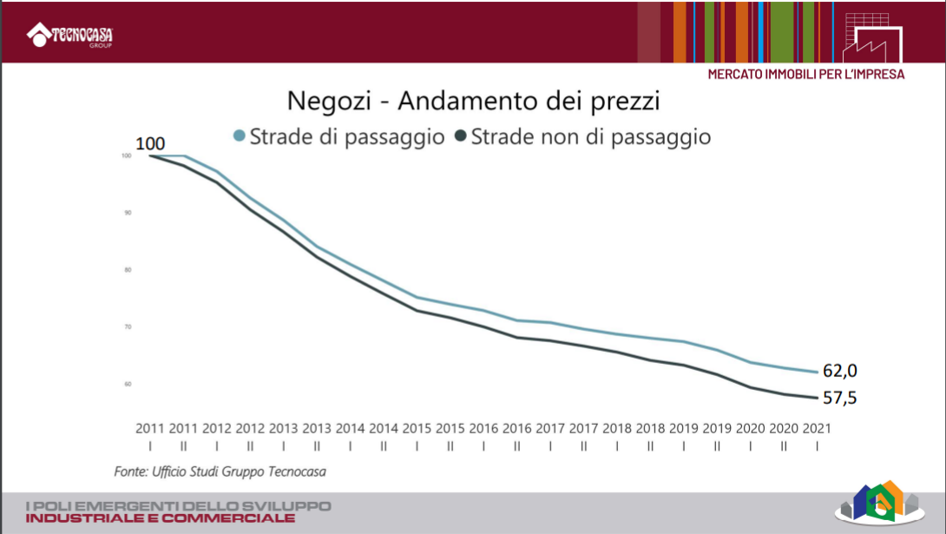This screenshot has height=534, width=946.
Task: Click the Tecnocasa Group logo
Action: tap(70, 36)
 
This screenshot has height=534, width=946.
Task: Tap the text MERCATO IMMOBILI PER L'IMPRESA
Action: tap(805, 75)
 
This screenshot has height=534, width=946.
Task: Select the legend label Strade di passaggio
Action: tap(347, 136)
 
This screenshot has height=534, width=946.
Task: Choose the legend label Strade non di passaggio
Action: tap(590, 136)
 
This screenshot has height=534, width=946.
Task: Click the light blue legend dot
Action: tap(240, 136)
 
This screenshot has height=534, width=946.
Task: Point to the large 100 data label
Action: tap(150, 143)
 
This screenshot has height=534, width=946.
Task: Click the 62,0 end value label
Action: tap(840, 371)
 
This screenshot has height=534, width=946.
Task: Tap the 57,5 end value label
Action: tap(840, 398)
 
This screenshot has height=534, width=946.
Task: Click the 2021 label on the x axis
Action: tap(817, 428)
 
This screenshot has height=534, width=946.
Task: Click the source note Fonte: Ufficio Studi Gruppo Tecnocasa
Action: tap(220, 471)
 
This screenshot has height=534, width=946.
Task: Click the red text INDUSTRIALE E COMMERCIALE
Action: tap(161, 518)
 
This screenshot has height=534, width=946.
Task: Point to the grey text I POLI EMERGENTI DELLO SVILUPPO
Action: tap(178, 505)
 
